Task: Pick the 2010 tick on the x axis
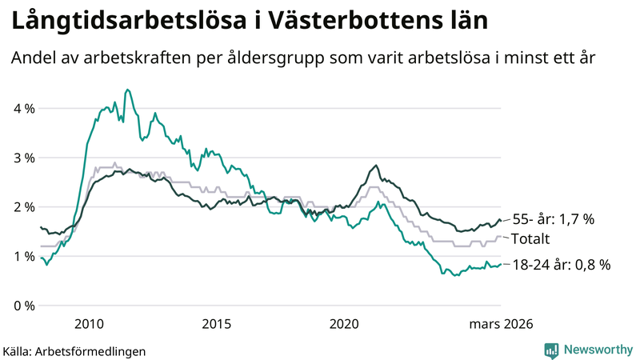click(89, 324)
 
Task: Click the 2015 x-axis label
click(217, 324)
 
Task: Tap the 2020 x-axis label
click(345, 324)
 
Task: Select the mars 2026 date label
click(501, 324)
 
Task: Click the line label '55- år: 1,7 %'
click(554, 219)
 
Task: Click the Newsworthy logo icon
click(551, 350)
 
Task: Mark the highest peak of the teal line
click(128, 90)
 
